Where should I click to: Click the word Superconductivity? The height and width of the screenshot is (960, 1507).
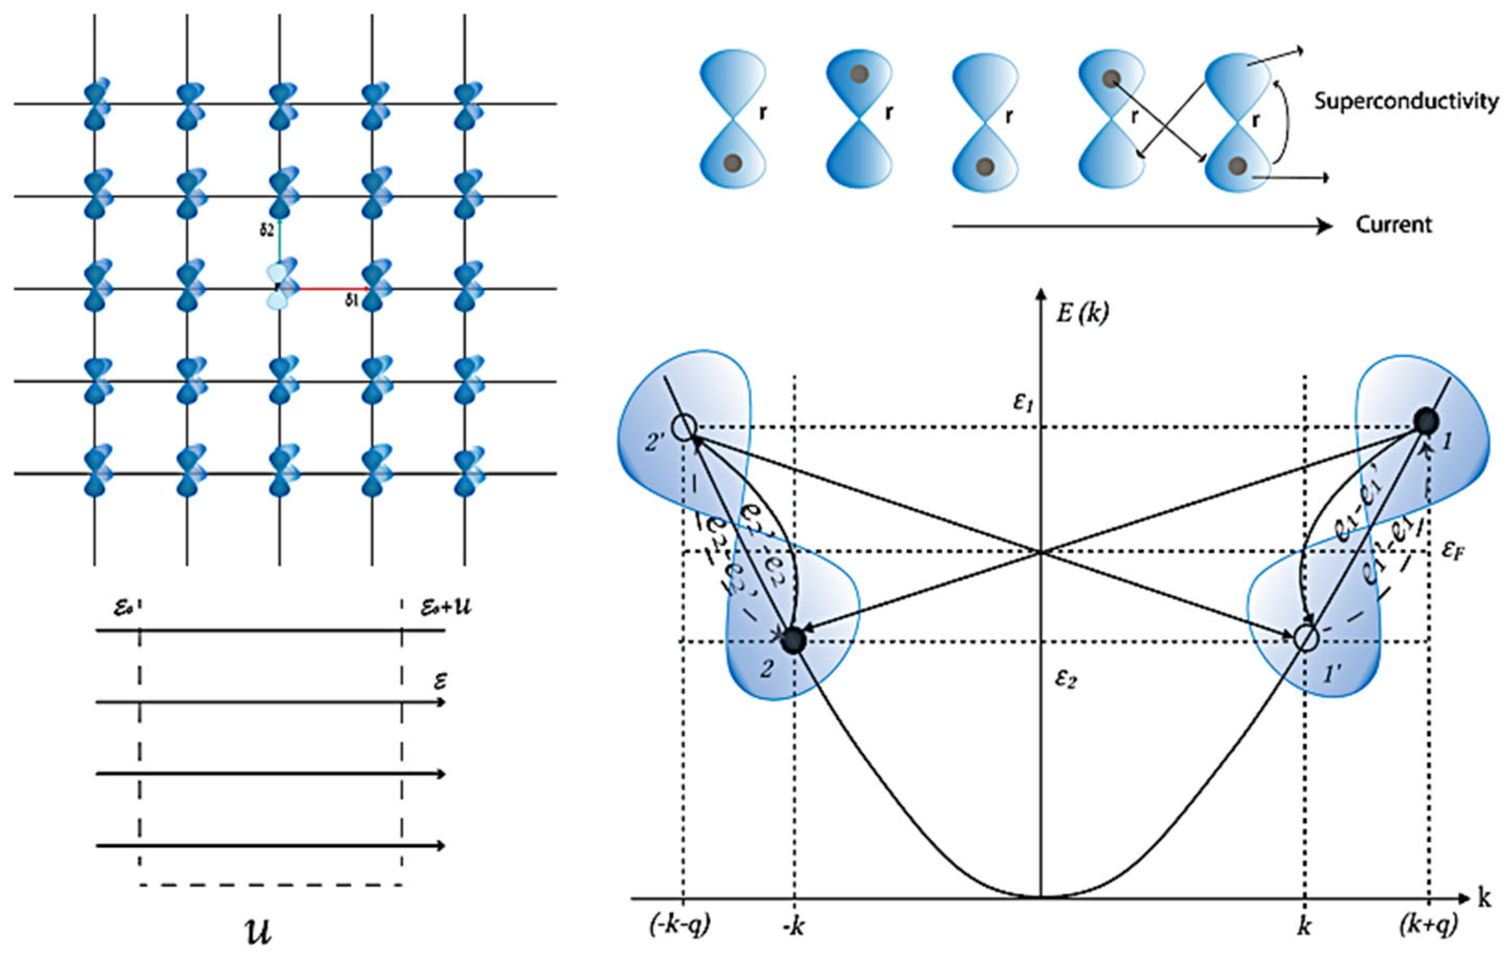pos(1406,101)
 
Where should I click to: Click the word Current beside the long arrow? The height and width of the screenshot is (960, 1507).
pos(1394,225)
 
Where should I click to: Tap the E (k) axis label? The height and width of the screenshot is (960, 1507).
pos(1081,312)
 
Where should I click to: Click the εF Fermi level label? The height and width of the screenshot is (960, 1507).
pos(1453,551)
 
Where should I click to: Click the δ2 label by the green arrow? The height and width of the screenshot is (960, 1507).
pos(267,231)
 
